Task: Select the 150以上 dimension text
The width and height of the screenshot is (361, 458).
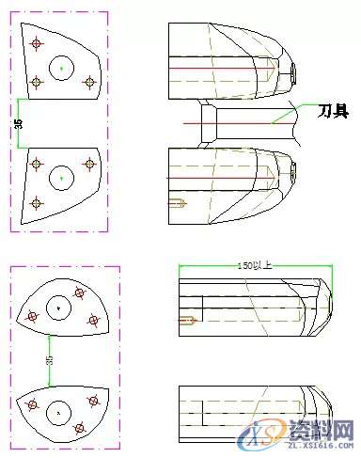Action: (253, 265)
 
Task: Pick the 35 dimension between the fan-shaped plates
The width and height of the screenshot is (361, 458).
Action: (49, 358)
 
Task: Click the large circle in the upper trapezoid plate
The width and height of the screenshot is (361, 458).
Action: (61, 68)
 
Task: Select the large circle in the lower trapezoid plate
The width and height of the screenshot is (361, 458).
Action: (61, 175)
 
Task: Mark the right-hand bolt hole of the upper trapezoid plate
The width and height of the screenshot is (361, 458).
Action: (90, 83)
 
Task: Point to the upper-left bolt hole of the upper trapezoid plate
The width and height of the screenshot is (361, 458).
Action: (36, 42)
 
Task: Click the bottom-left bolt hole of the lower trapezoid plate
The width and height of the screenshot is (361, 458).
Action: (37, 201)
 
